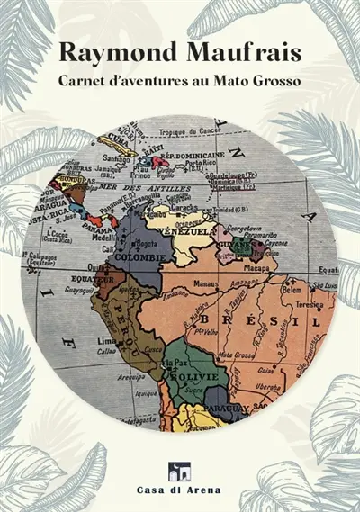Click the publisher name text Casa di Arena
click(x=180, y=492)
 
